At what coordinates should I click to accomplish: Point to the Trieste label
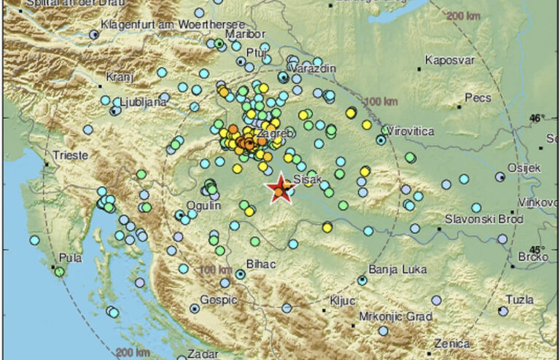pos(70,155)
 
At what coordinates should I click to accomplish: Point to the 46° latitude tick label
pos(537,117)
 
